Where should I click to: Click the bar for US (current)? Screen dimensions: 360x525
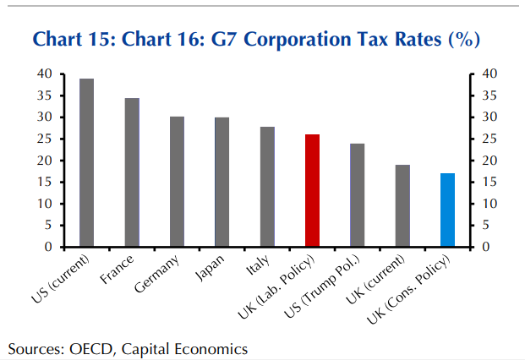[x=86, y=163]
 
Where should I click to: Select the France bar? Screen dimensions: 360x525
[x=132, y=172]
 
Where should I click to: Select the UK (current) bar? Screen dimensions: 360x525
[x=402, y=206]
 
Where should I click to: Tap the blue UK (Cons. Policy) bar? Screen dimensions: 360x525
[x=448, y=210]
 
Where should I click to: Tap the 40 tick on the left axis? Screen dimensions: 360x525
[x=45, y=74]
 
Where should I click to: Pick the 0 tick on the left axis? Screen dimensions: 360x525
[x=48, y=248]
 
